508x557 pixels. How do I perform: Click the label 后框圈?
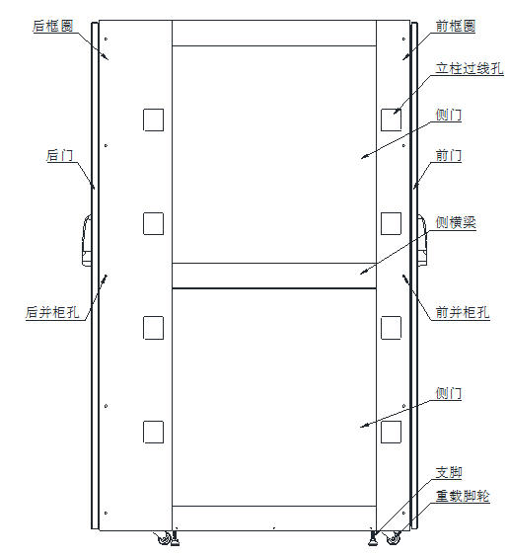coord(52,26)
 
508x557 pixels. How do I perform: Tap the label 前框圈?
coord(456,26)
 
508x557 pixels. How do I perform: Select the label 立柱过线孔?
coord(470,68)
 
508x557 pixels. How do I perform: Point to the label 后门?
coord(59,155)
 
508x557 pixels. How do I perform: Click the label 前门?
coord(449,155)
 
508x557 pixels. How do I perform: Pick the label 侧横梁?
coord(456,223)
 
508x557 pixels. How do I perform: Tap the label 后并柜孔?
coord(52,313)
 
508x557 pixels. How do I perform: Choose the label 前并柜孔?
coord(463,313)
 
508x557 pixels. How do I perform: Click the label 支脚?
coord(449,472)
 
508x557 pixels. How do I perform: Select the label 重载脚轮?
coord(463,496)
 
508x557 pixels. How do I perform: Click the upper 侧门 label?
coord(449,116)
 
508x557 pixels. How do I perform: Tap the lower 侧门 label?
coord(449,394)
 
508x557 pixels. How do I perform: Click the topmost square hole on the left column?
coord(153,119)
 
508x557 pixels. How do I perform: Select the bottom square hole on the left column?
coord(153,432)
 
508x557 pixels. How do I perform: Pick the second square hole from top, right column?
coord(391,224)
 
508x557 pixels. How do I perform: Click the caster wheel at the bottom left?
coord(163,538)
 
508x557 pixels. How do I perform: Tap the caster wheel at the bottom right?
coord(392,538)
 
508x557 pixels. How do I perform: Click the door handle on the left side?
coord(87,240)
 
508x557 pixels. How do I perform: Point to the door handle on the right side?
coord(422,240)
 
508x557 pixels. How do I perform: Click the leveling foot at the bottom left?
coord(175,538)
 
